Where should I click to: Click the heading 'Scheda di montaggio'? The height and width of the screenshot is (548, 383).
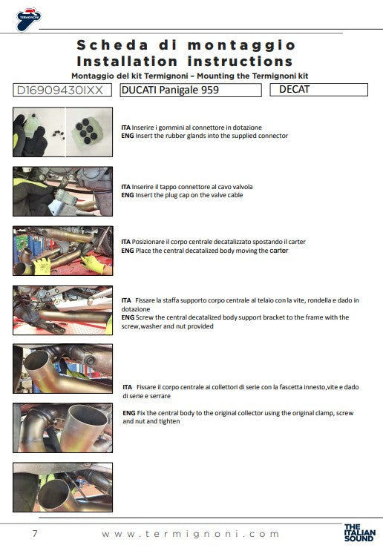(x=186, y=46)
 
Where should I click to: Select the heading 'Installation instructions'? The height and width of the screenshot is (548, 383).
(x=185, y=62)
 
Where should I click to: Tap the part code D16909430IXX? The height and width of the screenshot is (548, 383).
(x=62, y=90)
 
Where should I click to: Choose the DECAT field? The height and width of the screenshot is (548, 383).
(x=323, y=90)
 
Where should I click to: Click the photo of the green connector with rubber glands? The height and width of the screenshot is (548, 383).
(x=63, y=131)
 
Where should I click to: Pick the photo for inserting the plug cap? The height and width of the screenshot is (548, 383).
(x=63, y=191)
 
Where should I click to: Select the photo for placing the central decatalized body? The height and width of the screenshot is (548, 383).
(x=63, y=251)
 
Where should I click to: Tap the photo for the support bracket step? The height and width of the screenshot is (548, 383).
(x=63, y=310)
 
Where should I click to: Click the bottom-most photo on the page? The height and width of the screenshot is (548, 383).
(x=63, y=487)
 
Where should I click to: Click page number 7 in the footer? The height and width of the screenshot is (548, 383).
(x=35, y=534)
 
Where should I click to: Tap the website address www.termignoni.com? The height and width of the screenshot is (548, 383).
(x=191, y=534)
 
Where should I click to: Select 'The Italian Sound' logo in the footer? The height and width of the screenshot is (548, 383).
(x=360, y=534)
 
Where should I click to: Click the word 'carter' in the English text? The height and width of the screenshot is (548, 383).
(x=279, y=251)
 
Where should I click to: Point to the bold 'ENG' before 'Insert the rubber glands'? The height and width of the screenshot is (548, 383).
(x=127, y=136)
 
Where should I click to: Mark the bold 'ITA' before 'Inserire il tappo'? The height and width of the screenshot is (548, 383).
(x=127, y=187)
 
